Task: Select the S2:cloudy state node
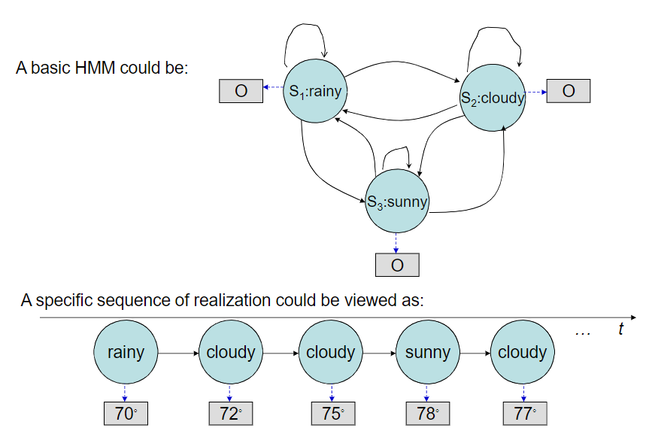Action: click(493, 97)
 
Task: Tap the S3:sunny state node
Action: click(397, 201)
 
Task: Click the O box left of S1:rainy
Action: click(241, 91)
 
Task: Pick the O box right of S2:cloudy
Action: click(569, 91)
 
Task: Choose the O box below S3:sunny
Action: click(397, 265)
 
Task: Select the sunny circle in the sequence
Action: click(427, 352)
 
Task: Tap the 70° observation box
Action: click(125, 413)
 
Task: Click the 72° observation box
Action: click(230, 413)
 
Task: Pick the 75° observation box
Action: click(331, 413)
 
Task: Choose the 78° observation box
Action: click(427, 413)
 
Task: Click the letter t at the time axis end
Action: click(620, 329)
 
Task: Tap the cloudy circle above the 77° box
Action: click(523, 352)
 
